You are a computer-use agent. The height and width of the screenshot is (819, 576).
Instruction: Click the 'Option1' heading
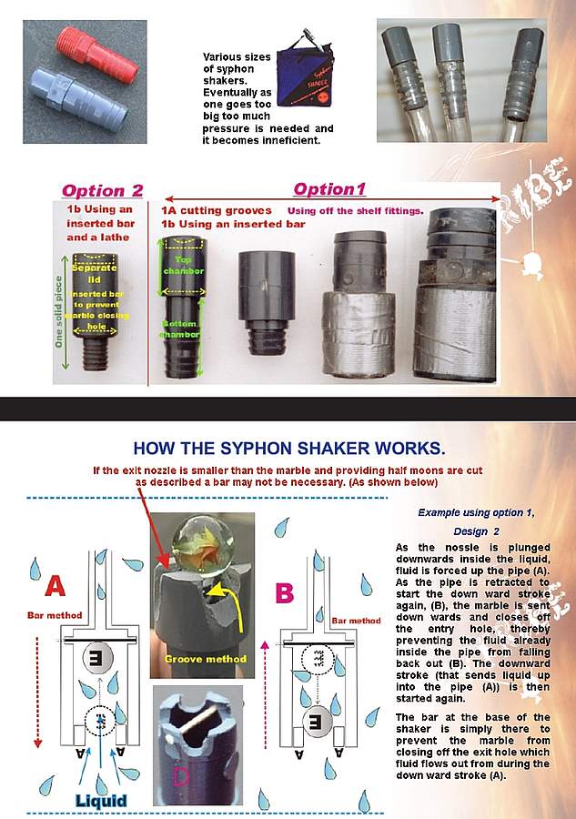[328, 189]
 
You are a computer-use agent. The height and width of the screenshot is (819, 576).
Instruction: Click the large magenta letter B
[285, 593]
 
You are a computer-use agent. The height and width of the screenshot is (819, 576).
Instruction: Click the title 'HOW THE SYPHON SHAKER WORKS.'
[289, 449]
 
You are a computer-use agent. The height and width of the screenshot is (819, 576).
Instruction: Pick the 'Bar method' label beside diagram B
[354, 621]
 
